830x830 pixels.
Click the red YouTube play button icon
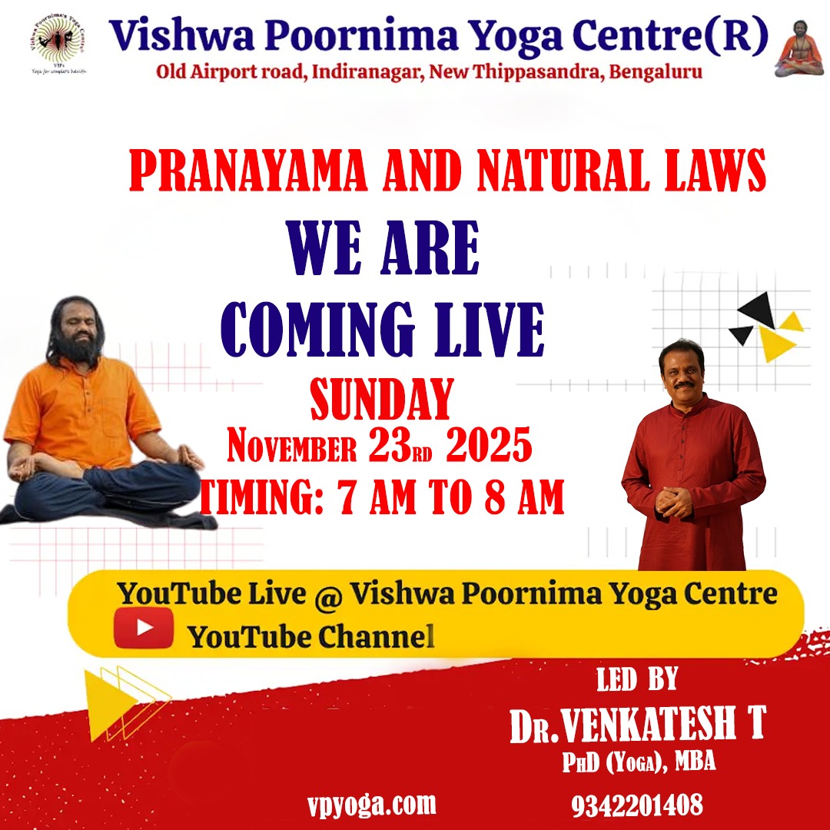(x=144, y=628)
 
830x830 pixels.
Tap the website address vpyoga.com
(x=371, y=804)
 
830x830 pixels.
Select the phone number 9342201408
(x=636, y=805)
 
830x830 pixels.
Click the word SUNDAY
(x=380, y=400)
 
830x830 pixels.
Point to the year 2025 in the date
(x=489, y=448)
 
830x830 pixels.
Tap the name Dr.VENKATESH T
(x=638, y=726)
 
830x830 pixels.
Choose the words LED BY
(x=637, y=679)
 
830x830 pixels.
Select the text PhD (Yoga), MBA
(x=639, y=763)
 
